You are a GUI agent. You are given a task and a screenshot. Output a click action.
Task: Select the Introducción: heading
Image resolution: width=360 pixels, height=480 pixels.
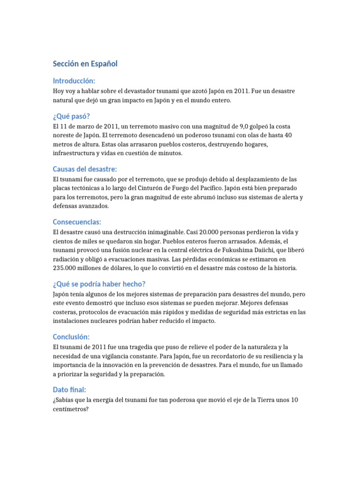click(x=74, y=81)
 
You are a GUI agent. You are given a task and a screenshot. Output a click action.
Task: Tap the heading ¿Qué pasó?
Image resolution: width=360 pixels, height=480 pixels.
click(x=71, y=117)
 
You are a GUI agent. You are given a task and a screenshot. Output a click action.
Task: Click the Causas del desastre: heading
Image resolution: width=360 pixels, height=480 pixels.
click(x=85, y=169)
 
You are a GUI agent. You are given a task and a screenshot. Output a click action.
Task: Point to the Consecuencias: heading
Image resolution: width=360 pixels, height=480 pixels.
click(x=77, y=222)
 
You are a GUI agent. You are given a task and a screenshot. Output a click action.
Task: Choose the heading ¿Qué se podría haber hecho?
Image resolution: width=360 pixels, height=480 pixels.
click(x=99, y=284)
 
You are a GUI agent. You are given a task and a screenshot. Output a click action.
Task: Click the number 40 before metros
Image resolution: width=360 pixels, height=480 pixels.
click(x=288, y=135)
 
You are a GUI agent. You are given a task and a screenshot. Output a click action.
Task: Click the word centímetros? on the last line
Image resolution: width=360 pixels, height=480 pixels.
click(x=71, y=409)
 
